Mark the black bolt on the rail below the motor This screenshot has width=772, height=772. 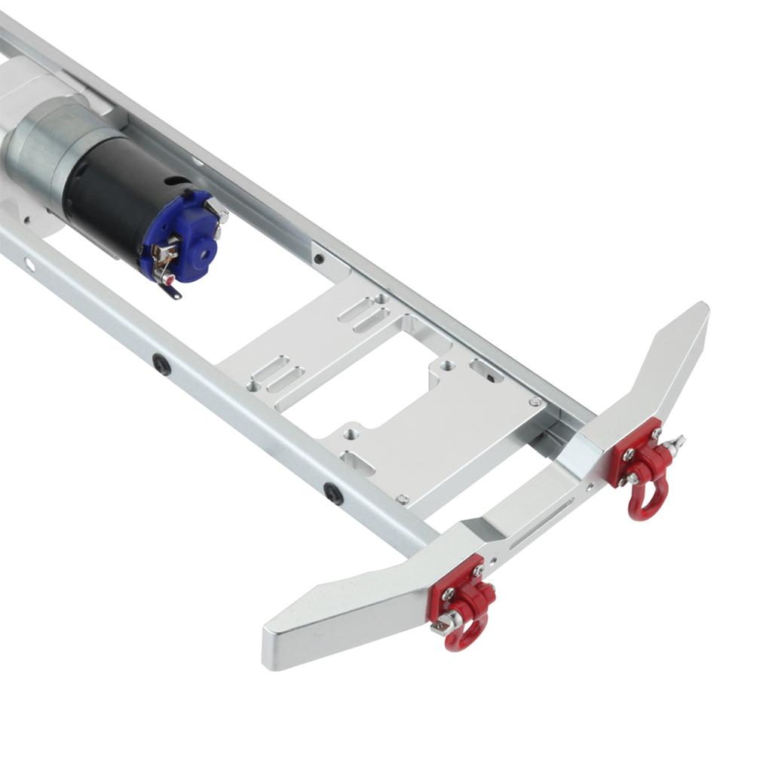click(161, 365)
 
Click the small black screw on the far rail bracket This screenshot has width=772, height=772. click(320, 259)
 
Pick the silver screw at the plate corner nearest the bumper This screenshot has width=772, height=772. click(403, 498)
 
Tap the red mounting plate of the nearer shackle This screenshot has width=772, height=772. click(452, 584)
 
